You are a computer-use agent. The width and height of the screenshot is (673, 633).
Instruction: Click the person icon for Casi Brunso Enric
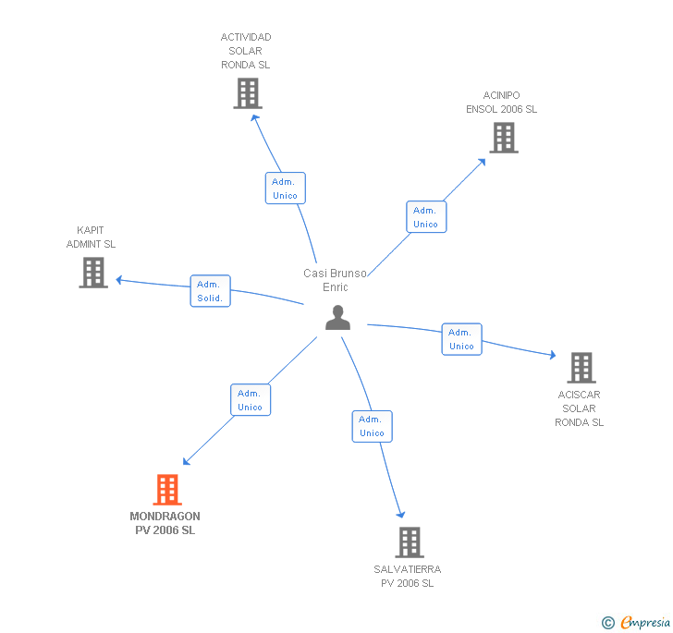[338, 317]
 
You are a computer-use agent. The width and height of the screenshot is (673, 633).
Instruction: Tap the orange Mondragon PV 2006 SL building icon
[167, 490]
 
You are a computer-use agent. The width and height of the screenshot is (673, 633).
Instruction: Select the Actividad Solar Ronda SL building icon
[247, 93]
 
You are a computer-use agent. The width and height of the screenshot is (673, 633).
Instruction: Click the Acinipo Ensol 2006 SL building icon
[503, 138]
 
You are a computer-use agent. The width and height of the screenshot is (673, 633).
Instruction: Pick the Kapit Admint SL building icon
[93, 273]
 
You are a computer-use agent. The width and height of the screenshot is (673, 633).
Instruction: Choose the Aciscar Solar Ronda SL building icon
[581, 368]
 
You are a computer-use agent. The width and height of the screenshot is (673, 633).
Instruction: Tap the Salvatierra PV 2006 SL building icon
[410, 542]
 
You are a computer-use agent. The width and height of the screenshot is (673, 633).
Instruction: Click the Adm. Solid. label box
[211, 291]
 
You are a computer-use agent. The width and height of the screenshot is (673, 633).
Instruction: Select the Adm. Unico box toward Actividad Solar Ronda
[285, 189]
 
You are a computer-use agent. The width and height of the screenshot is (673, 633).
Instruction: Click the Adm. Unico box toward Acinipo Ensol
[426, 217]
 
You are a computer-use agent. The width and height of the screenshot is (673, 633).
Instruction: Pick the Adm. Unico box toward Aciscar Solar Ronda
[461, 339]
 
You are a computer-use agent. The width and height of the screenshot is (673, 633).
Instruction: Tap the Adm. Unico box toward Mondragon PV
[251, 400]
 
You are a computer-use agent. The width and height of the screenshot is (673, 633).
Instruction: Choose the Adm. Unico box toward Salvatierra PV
[372, 426]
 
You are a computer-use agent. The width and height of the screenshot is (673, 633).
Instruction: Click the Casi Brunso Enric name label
[336, 280]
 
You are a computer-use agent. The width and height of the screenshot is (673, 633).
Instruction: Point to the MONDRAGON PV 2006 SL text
[165, 523]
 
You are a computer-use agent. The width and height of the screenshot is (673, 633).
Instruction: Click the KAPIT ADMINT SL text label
[91, 237]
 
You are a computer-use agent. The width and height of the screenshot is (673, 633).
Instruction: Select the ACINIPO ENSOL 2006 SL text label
[501, 102]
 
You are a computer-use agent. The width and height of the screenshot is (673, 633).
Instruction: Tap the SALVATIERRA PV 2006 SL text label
[408, 577]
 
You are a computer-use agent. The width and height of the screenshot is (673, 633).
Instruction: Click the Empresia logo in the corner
[636, 622]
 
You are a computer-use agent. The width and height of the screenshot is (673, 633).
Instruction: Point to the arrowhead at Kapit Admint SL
[118, 279]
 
